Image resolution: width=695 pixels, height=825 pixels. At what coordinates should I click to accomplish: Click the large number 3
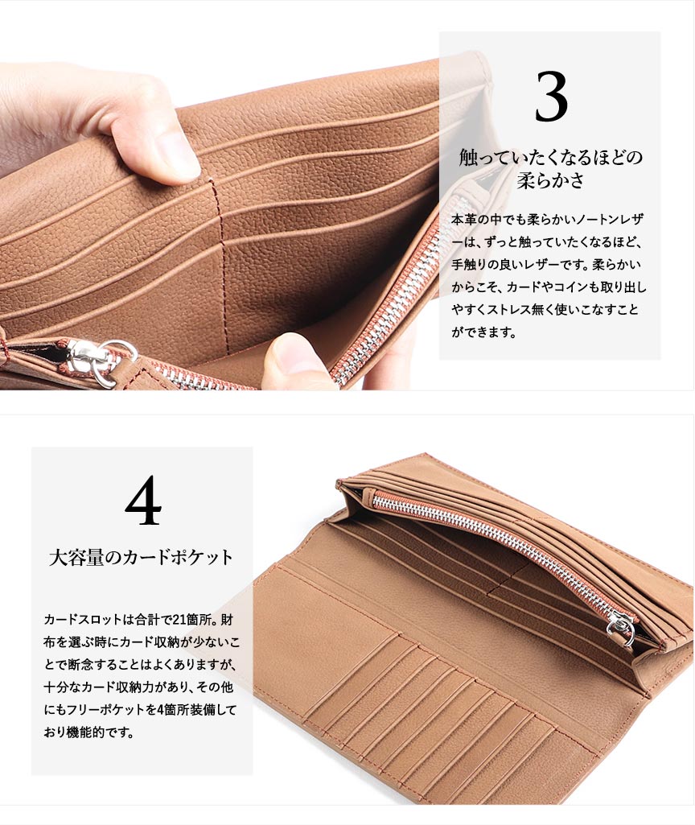pos(551,97)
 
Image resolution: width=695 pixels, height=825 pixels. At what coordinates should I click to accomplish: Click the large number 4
pos(143,500)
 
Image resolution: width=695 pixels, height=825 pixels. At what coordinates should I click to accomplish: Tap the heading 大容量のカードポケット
pos(141,558)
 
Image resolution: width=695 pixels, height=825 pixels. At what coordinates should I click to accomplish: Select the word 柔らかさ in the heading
pos(550,180)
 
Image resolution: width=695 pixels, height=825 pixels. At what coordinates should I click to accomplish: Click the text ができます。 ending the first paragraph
pos(483,332)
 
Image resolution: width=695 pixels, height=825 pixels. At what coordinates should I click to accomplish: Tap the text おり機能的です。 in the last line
pos(88,732)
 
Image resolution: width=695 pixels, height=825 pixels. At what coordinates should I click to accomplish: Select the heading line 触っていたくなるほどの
pos(550,157)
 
